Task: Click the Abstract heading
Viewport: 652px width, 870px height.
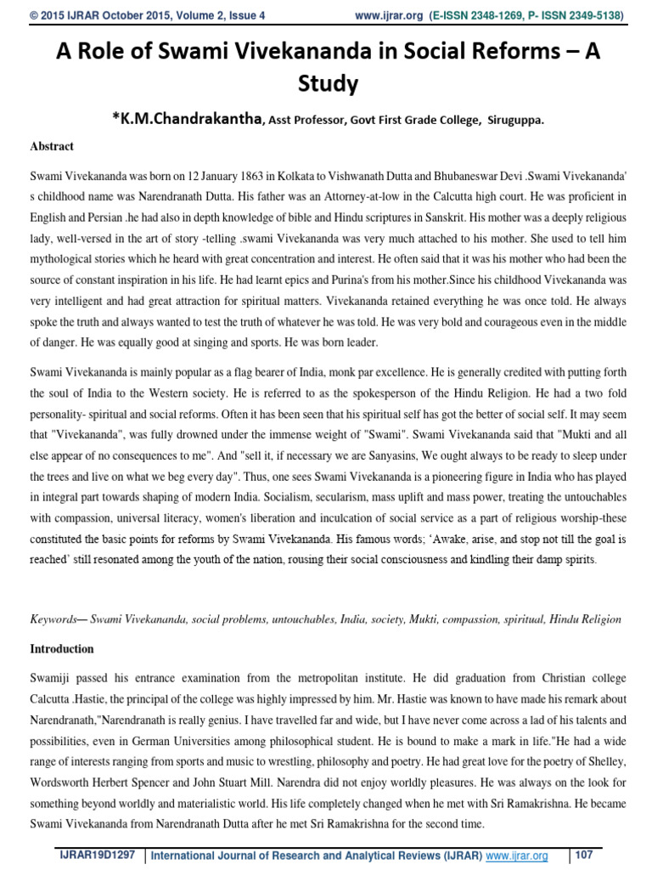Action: (x=52, y=146)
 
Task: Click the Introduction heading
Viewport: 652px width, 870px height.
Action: (x=62, y=649)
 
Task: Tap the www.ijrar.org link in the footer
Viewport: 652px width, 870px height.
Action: (x=517, y=856)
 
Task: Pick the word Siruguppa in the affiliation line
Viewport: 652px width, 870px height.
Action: (x=514, y=121)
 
